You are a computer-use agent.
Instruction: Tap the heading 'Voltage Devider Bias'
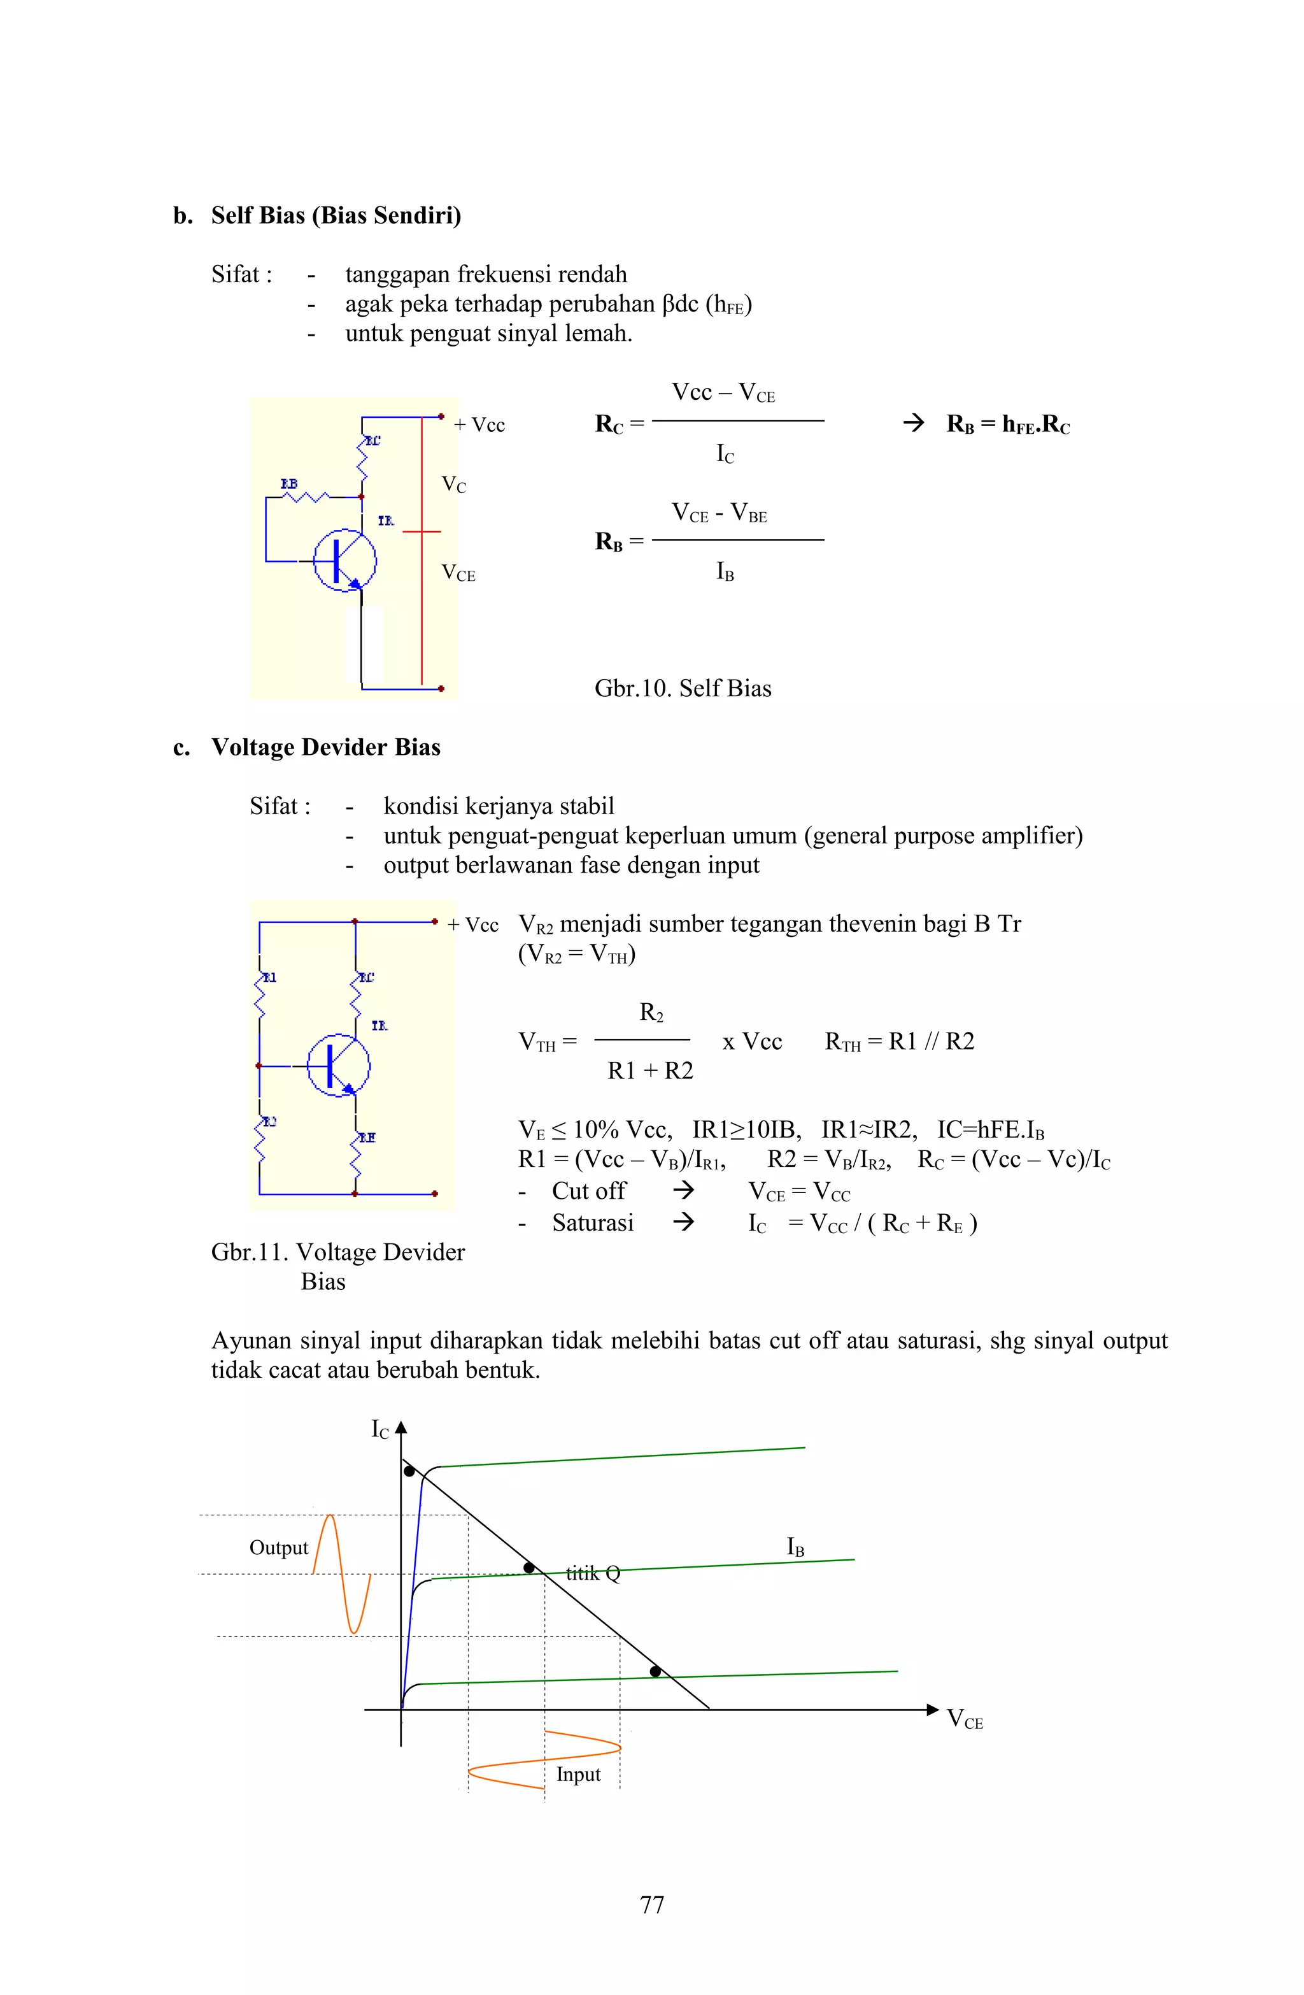[x=325, y=747]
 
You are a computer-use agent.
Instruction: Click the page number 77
[x=652, y=1905]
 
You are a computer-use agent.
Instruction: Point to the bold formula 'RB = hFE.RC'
[x=1007, y=424]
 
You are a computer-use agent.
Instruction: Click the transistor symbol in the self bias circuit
[x=344, y=560]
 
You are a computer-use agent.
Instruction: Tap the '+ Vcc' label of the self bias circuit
[x=479, y=425]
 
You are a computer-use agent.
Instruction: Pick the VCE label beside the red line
[x=458, y=573]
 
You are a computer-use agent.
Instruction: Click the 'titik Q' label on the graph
[x=593, y=1573]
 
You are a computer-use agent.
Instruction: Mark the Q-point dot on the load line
[x=529, y=1567]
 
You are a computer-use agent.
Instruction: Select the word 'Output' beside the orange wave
[x=278, y=1547]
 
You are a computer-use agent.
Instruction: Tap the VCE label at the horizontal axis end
[x=965, y=1719]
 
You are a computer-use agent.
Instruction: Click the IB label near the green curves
[x=795, y=1547]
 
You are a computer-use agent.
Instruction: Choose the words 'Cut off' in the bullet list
[x=588, y=1191]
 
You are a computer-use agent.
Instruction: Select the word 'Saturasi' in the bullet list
[x=593, y=1223]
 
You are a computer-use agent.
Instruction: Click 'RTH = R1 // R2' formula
[x=899, y=1042]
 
